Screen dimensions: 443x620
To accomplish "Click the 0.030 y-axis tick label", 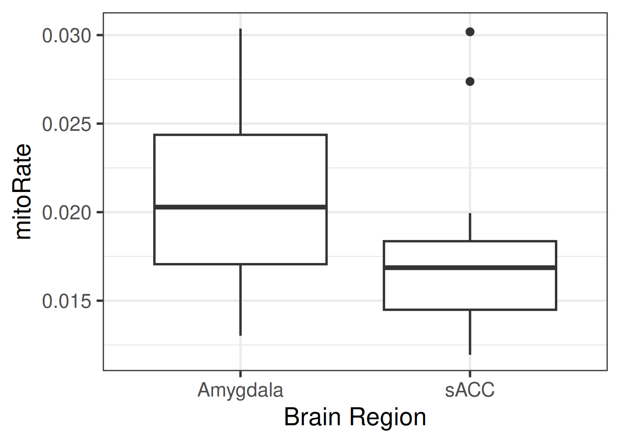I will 66,36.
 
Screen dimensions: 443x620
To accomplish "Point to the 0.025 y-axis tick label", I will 66,124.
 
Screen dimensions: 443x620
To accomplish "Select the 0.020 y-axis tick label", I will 66,213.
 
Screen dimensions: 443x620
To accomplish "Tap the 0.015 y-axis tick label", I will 66,301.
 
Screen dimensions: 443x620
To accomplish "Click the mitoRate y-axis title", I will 23,192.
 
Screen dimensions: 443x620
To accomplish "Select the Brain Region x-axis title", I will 355,417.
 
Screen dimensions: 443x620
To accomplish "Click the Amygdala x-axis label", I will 240,390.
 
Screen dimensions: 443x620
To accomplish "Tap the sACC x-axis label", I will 470,390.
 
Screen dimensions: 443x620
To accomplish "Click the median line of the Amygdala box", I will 240,207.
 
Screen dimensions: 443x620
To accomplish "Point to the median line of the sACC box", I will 470,268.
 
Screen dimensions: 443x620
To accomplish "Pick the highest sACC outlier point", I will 470,32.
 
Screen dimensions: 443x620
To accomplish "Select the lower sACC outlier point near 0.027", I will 470,82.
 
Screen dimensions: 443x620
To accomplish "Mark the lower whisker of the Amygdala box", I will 240,300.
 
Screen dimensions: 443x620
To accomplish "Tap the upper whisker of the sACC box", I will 470,227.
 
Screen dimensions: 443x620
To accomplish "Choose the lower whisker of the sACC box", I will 470,332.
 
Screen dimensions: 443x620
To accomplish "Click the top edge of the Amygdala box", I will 240,135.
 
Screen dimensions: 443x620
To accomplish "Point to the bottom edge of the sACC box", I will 470,310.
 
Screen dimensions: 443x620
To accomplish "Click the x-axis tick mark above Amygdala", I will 240,373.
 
